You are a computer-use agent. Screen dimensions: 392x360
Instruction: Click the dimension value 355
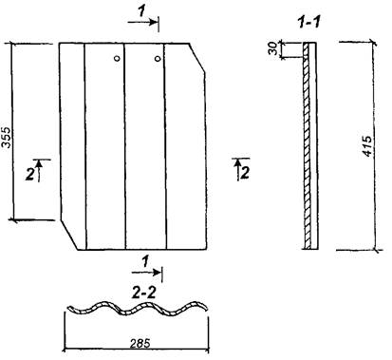[x=7, y=138]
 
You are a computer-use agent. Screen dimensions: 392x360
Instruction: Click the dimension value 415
[x=367, y=146]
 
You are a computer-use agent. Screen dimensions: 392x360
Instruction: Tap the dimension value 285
[x=140, y=343]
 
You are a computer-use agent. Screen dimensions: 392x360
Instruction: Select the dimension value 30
[x=273, y=48]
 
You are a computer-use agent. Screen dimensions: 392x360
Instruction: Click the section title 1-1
[x=309, y=23]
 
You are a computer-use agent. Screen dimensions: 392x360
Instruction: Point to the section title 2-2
[x=144, y=294]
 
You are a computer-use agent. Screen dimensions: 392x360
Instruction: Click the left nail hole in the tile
[x=117, y=58]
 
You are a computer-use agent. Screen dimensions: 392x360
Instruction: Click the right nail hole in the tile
[x=158, y=59]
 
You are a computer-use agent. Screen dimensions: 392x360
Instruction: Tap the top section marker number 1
[x=141, y=11]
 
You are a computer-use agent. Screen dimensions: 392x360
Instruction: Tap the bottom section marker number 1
[x=145, y=261]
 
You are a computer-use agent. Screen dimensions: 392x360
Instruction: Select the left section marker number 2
[x=30, y=174]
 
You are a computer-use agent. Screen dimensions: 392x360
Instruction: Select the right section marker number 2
[x=245, y=173]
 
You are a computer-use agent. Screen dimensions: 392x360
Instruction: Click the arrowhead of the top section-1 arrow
[x=154, y=22]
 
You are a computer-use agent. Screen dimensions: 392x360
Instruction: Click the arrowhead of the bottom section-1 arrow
[x=158, y=272]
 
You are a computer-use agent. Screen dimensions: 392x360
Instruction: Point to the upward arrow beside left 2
[x=39, y=170]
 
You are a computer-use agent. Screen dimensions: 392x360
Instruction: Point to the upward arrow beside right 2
[x=237, y=169]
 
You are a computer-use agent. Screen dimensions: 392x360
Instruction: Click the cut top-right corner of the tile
[x=197, y=58]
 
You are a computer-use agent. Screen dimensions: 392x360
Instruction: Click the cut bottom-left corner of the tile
[x=69, y=235]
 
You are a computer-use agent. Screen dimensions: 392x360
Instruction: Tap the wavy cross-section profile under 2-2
[x=139, y=308]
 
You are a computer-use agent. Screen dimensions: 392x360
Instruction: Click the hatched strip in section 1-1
[x=306, y=145]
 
